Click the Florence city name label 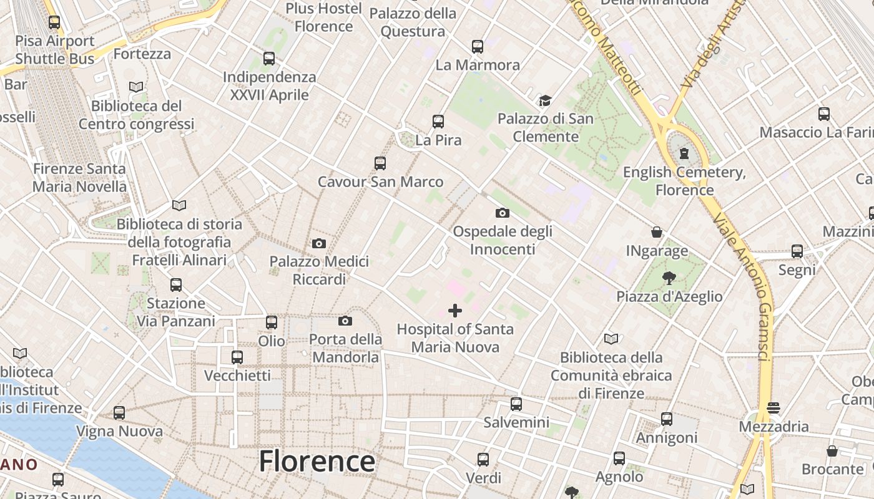click(x=317, y=462)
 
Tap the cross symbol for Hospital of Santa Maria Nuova click(x=455, y=310)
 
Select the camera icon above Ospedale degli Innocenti click(x=502, y=213)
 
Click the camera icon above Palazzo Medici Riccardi click(x=318, y=243)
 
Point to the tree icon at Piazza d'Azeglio click(x=669, y=278)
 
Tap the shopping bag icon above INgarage click(x=657, y=232)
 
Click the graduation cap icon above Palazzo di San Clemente click(x=545, y=100)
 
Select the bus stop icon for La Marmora click(x=478, y=46)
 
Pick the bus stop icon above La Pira click(x=438, y=121)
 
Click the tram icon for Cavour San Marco click(x=380, y=163)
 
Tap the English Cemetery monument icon click(x=684, y=153)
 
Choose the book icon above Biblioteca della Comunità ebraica click(x=611, y=339)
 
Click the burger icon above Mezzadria click(x=773, y=408)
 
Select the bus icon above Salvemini click(x=516, y=404)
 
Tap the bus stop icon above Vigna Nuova click(x=119, y=412)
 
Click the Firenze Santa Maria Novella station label click(x=79, y=177)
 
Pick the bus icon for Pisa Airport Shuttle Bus click(x=54, y=22)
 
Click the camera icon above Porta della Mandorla click(x=345, y=321)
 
